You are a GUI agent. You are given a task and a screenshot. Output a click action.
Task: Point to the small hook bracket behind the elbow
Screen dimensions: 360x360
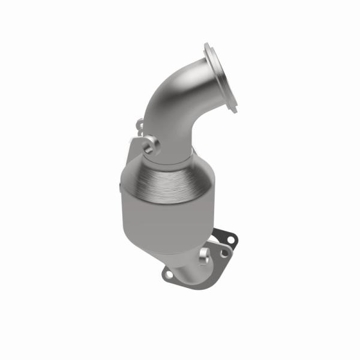pos(139,125)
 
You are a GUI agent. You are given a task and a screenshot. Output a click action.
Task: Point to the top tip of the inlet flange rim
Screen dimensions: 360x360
pos(208,46)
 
